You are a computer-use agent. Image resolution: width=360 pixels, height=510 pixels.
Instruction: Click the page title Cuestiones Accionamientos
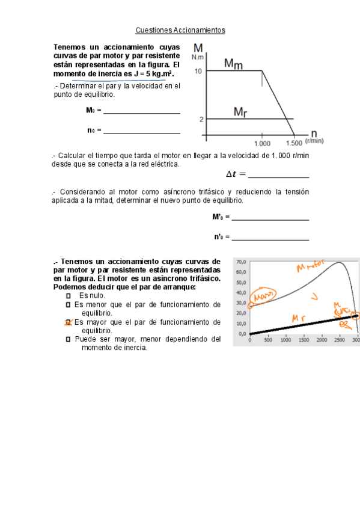(x=180, y=29)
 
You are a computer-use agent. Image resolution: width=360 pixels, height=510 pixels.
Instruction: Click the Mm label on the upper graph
(x=233, y=63)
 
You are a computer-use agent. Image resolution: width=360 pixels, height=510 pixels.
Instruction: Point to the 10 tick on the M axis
(x=198, y=71)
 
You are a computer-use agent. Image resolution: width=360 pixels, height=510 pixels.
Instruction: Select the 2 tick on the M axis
(x=201, y=119)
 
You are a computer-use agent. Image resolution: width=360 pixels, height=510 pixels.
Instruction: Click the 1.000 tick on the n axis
(x=263, y=143)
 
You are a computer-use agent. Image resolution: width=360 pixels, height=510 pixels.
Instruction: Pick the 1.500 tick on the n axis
(x=294, y=143)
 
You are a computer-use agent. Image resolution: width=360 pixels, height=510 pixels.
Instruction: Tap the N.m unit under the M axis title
(x=198, y=57)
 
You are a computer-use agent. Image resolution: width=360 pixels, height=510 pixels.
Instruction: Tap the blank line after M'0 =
(x=270, y=220)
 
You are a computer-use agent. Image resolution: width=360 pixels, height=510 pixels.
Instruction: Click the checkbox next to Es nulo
(x=68, y=296)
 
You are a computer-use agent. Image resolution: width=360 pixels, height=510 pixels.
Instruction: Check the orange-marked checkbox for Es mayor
(x=68, y=322)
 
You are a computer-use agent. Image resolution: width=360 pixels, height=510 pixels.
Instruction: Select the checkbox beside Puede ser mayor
(x=68, y=339)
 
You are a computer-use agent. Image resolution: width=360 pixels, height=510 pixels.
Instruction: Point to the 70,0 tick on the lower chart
(x=242, y=262)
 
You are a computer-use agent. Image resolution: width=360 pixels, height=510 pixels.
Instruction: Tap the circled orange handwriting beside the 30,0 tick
(x=262, y=296)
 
